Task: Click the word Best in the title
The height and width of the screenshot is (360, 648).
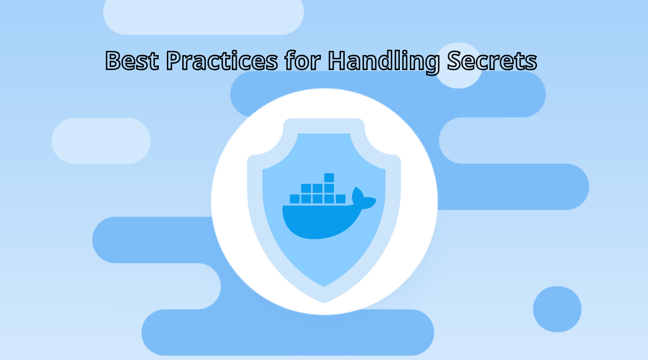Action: tap(132, 61)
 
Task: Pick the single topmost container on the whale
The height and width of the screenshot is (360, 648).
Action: tap(329, 178)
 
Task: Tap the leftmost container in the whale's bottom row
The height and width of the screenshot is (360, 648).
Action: tap(295, 198)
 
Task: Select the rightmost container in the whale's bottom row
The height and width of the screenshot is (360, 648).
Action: tap(340, 198)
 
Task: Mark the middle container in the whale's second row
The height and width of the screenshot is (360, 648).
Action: tap(318, 188)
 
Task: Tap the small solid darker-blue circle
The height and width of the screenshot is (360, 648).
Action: tap(557, 309)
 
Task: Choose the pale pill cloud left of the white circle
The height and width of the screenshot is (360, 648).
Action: tap(101, 141)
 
